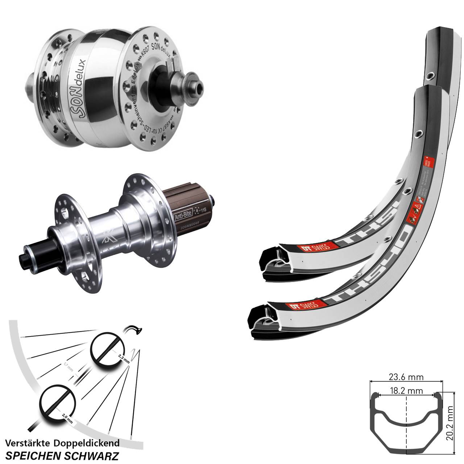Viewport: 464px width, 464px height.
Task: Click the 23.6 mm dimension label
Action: click(x=406, y=377)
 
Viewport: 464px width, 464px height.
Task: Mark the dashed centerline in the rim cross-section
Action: click(x=406, y=428)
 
